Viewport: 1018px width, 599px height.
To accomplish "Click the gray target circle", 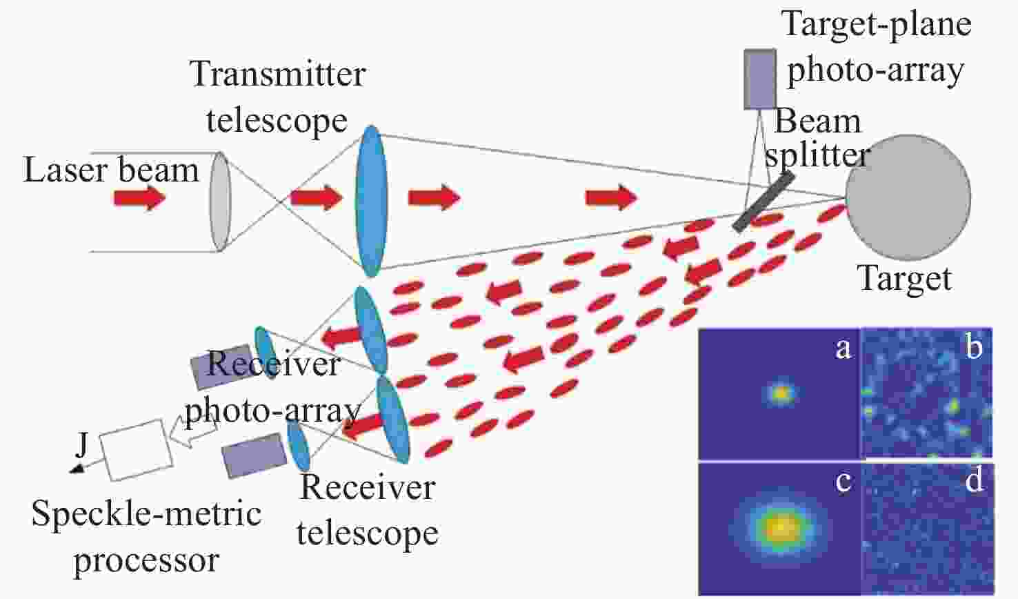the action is pyautogui.click(x=908, y=197).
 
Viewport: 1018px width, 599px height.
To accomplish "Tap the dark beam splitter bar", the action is pyautogui.click(x=764, y=201).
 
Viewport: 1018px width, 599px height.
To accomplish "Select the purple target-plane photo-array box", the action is pyautogui.click(x=760, y=79).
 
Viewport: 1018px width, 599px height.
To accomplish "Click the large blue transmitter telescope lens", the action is pyautogui.click(x=371, y=201).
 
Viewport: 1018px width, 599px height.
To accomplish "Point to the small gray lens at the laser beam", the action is pyautogui.click(x=220, y=202).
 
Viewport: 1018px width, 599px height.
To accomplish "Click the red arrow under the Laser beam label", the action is pyautogui.click(x=139, y=198).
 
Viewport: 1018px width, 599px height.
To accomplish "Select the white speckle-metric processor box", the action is pyautogui.click(x=136, y=450).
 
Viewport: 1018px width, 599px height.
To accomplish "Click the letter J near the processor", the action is pyautogui.click(x=81, y=444).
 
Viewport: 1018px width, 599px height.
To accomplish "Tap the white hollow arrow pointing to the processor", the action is pyautogui.click(x=192, y=433).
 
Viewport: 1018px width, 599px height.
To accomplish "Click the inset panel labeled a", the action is pyautogui.click(x=779, y=393).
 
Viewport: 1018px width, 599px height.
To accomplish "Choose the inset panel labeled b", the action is pyautogui.click(x=927, y=393).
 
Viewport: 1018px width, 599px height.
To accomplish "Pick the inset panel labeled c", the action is pyautogui.click(x=779, y=529).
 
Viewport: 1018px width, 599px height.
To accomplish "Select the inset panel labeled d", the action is pyautogui.click(x=928, y=529).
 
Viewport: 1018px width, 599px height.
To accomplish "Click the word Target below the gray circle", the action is pyautogui.click(x=904, y=278).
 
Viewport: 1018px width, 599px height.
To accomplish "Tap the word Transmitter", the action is pyautogui.click(x=278, y=73).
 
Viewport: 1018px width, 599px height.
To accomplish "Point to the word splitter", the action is pyautogui.click(x=817, y=155).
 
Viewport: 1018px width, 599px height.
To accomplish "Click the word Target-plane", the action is pyautogui.click(x=876, y=25).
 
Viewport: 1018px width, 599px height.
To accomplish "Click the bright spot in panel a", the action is pyautogui.click(x=780, y=393).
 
